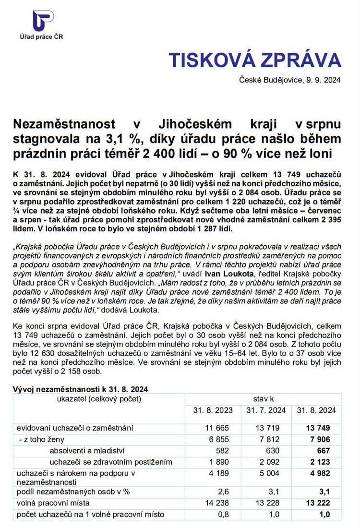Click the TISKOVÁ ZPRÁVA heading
pyautogui.click(x=254, y=60)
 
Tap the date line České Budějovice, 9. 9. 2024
pyautogui.click(x=290, y=81)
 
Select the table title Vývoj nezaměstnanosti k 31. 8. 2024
pyautogui.click(x=80, y=389)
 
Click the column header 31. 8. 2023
pyautogui.click(x=213, y=410)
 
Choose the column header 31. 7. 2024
pyautogui.click(x=265, y=410)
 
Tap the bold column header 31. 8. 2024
pyautogui.click(x=317, y=410)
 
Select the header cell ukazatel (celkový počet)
pyautogui.click(x=99, y=399)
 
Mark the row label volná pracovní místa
pyautogui.click(x=53, y=503)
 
